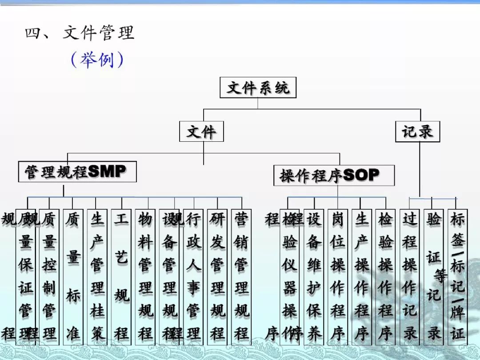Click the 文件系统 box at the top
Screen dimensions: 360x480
tap(258, 88)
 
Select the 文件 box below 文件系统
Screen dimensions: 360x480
tap(201, 132)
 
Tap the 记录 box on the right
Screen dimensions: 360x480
tap(417, 132)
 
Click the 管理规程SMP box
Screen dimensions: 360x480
tap(77, 172)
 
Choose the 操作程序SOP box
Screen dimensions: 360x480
tap(334, 175)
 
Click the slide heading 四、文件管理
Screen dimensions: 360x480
tap(80, 33)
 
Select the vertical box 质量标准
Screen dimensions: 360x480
tap(73, 276)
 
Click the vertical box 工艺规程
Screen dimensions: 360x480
tap(121, 276)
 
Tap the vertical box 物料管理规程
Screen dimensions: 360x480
tap(145, 276)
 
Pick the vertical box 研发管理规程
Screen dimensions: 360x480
tap(217, 276)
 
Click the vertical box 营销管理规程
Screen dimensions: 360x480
tap(241, 276)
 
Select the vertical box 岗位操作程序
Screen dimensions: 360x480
tap(338, 276)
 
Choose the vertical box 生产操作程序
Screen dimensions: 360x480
tap(362, 276)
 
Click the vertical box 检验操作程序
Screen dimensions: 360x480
tap(385, 276)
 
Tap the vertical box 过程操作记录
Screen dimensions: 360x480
tap(409, 276)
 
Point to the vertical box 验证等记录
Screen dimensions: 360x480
tap(434, 276)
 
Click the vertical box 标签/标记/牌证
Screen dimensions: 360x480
tap(458, 276)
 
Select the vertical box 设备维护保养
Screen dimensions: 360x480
tap(314, 276)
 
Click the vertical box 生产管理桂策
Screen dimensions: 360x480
tap(97, 276)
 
